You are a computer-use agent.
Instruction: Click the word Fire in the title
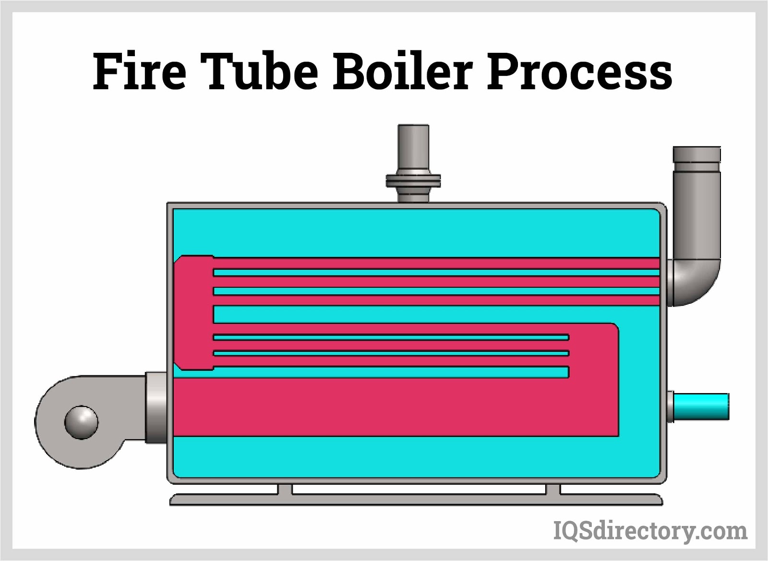pos(139,72)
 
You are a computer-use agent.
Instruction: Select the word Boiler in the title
pos(403,72)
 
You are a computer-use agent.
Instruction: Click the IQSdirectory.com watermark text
pos(650,531)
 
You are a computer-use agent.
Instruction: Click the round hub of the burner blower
pos(82,422)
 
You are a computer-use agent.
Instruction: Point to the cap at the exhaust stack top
pos(696,155)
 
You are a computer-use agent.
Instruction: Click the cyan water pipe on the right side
pos(702,406)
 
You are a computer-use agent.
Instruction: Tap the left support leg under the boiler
pos(285,489)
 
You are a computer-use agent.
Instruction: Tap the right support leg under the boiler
pos(553,489)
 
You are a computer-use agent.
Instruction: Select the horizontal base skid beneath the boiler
pos(416,500)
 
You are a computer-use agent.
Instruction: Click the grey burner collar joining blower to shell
pos(156,407)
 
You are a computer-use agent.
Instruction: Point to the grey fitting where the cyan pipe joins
pos(670,406)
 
